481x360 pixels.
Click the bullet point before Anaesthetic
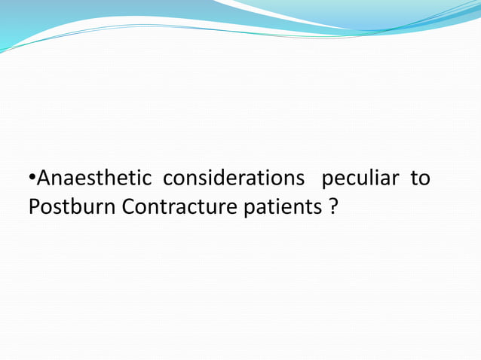tap(32, 180)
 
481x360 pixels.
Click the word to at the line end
tap(421, 180)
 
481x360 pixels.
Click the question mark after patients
tap(333, 206)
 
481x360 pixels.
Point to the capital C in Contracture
tap(129, 206)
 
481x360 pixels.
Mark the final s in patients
tap(317, 207)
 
